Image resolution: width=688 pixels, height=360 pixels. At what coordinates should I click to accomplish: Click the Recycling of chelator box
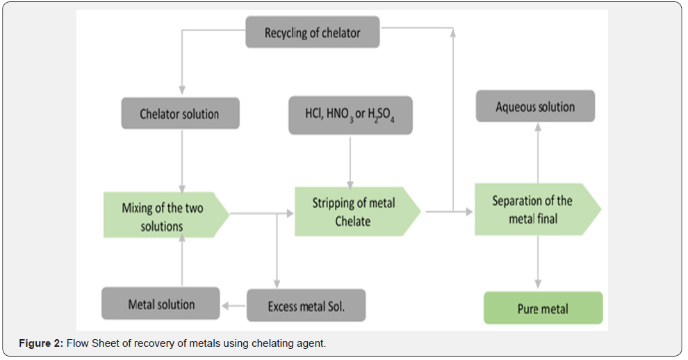click(312, 33)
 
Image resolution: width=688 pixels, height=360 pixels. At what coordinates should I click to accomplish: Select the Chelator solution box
click(179, 113)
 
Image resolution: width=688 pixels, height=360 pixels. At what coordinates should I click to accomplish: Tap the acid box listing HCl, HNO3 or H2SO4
click(350, 115)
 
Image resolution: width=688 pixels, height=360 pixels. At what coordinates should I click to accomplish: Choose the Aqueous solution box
click(535, 107)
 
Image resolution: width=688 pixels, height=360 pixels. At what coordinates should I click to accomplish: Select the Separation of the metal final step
click(532, 209)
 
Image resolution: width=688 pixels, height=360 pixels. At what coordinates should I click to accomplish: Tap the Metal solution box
click(161, 304)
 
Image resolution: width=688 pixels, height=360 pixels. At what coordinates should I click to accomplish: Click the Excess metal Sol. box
click(306, 305)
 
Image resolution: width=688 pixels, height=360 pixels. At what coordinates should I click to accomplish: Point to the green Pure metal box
click(543, 309)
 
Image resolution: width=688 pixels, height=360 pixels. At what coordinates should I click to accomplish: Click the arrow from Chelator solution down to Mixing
click(182, 159)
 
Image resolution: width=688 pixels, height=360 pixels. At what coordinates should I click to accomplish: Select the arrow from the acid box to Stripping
click(350, 160)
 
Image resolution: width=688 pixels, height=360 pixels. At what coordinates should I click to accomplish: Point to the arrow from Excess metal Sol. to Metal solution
click(234, 305)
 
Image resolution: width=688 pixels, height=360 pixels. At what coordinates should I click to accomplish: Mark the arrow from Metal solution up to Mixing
click(182, 261)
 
